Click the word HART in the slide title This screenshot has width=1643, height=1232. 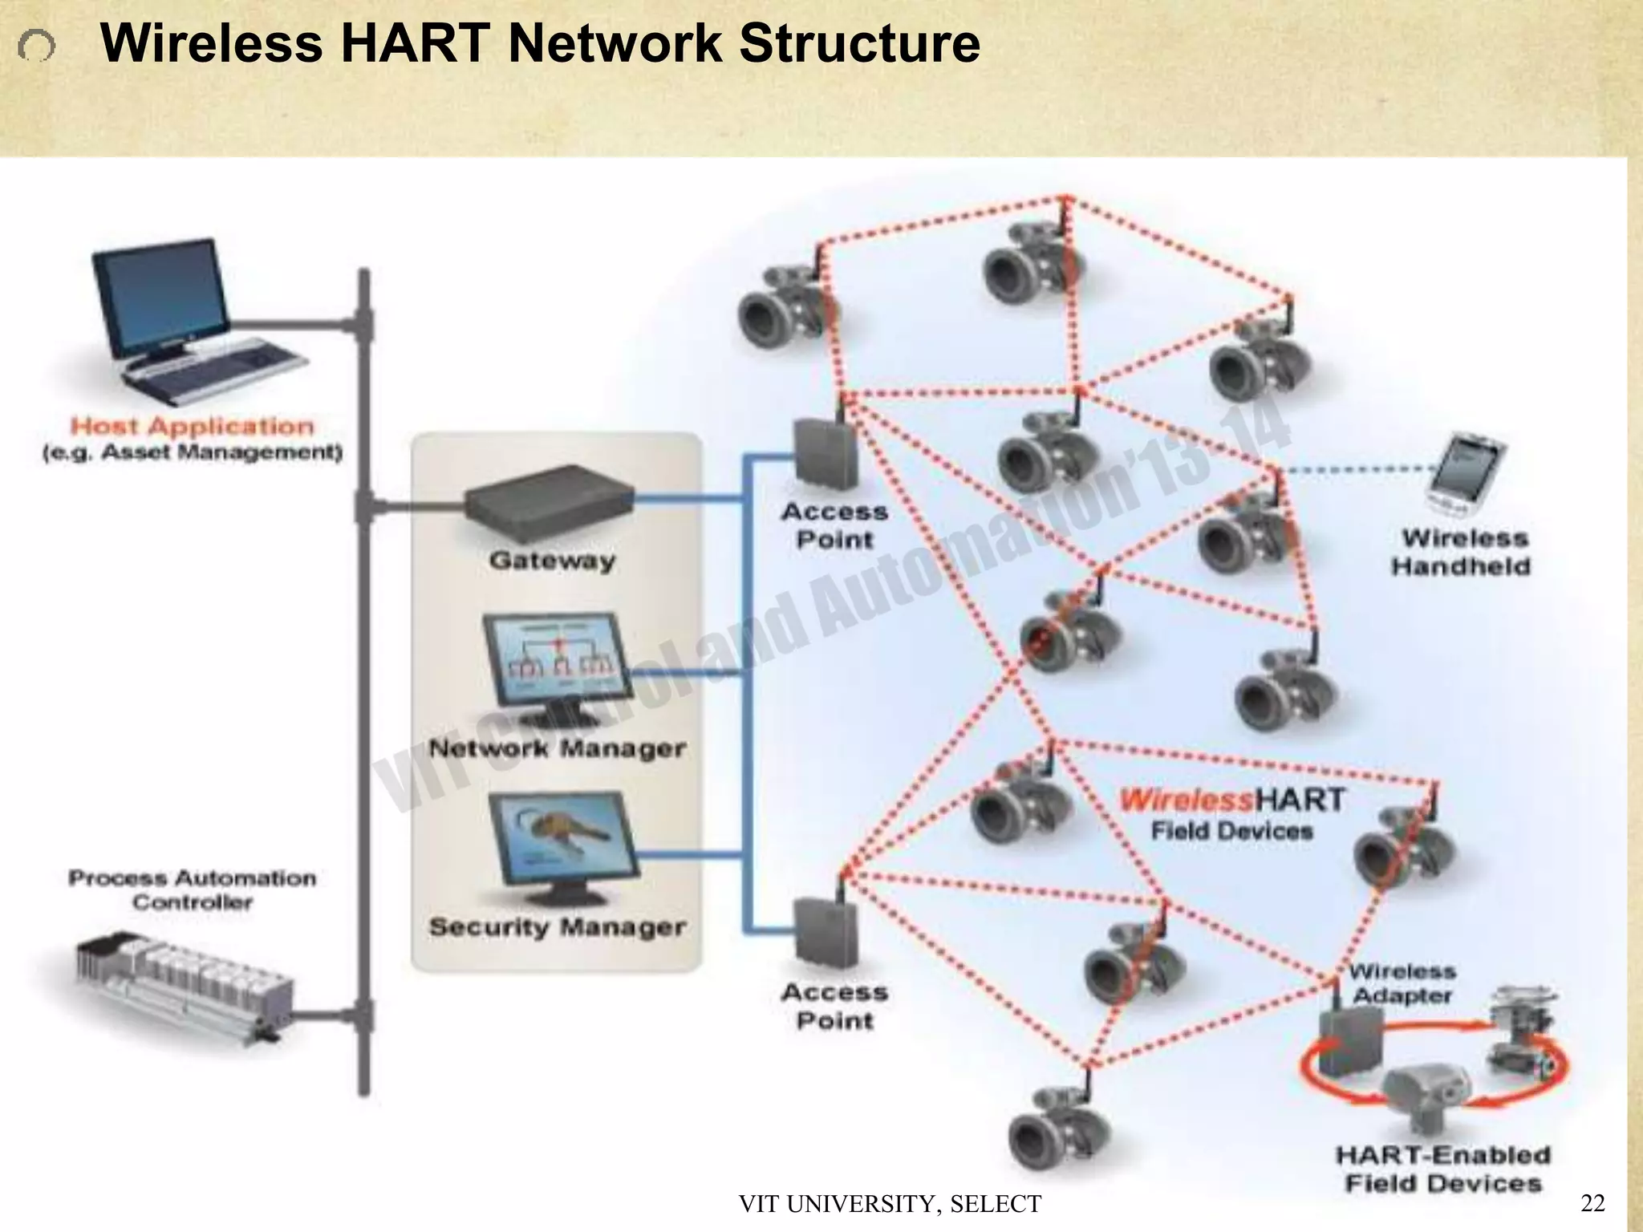416,43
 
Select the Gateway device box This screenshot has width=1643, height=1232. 550,500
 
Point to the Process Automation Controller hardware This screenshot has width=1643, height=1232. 181,987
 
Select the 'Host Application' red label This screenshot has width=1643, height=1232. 193,426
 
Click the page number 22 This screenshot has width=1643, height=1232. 1592,1202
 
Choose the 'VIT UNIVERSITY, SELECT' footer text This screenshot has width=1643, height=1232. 890,1204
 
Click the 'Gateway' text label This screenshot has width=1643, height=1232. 552,560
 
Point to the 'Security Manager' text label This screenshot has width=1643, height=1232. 558,927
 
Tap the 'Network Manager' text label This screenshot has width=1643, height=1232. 558,748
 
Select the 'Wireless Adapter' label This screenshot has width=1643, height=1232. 1402,983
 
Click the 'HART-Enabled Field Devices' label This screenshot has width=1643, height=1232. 1443,1169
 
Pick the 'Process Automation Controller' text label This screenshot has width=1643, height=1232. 193,890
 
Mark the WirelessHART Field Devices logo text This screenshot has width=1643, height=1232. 1231,813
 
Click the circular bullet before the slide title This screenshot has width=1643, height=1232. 36,47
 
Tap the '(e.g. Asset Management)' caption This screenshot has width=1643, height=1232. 193,452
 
